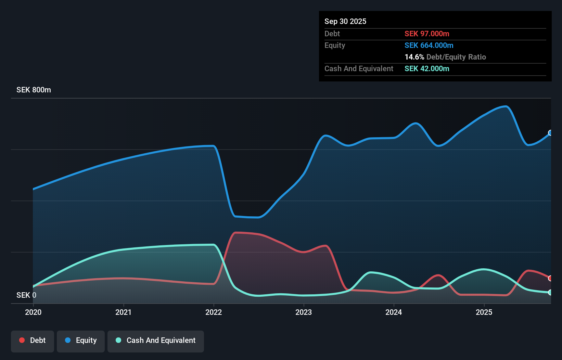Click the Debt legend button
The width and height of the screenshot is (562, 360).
[x=33, y=340]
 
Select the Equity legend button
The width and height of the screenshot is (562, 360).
[x=81, y=340]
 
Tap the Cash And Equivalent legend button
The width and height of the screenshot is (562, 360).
[x=156, y=340]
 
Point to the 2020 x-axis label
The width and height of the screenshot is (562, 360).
[x=33, y=312]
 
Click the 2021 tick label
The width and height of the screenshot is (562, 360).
[x=124, y=312]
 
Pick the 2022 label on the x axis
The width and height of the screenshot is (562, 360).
[x=214, y=312]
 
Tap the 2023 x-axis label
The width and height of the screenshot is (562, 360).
[x=304, y=312]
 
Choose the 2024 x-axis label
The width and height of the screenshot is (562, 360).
[x=394, y=312]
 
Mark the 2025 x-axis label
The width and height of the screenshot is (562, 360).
[x=484, y=312]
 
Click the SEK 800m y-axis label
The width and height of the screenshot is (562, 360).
[x=34, y=90]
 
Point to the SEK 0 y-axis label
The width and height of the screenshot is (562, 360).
[x=26, y=295]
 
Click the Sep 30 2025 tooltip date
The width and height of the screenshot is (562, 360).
[x=345, y=22]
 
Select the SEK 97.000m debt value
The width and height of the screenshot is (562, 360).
[x=427, y=34]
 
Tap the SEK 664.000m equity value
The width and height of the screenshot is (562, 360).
[x=429, y=46]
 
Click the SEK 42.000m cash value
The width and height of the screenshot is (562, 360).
[x=427, y=69]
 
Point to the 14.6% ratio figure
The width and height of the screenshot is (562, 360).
[x=414, y=57]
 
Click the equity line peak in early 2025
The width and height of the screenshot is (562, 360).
[x=506, y=106]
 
